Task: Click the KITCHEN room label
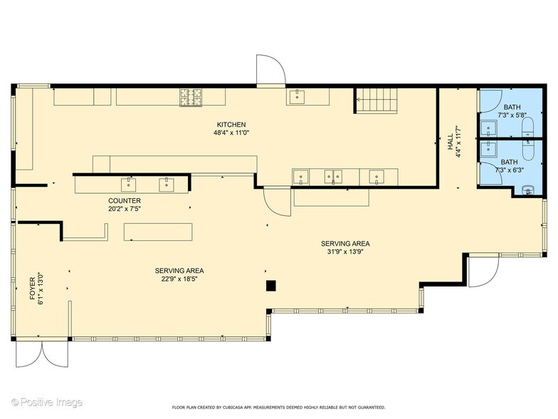[231, 125]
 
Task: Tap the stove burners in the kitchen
[191, 97]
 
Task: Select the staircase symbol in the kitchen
[377, 100]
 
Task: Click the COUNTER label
[125, 201]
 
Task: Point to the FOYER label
[33, 289]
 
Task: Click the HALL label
[451, 141]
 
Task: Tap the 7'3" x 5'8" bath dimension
[512, 115]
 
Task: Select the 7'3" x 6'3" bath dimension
[510, 170]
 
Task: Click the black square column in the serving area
[271, 286]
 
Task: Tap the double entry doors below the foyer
[42, 353]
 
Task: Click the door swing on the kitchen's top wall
[271, 70]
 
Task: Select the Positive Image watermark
[47, 403]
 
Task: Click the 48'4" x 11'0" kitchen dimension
[231, 133]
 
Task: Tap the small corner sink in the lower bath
[528, 191]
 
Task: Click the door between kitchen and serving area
[278, 202]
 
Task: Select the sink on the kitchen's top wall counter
[296, 97]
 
